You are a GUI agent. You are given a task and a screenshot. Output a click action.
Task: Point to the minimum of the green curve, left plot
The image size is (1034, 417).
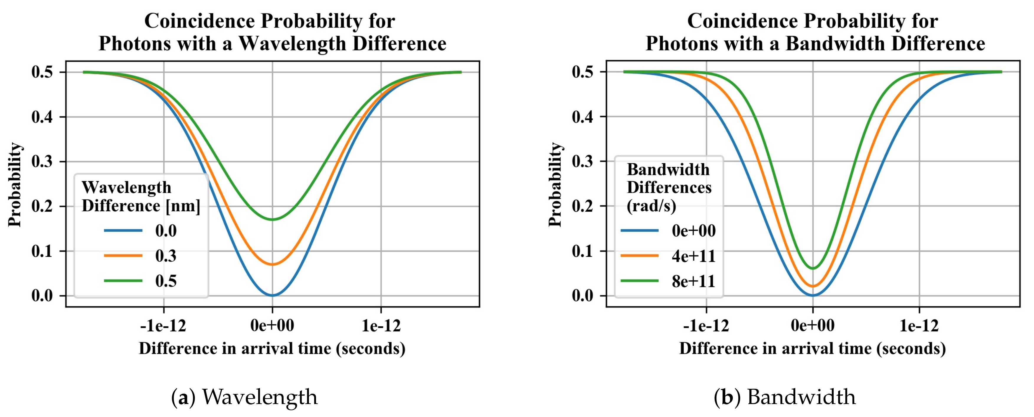pos(273,220)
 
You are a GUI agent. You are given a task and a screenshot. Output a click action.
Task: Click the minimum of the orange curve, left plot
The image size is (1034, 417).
pos(273,264)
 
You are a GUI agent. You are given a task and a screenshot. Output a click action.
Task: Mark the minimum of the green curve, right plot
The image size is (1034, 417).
pos(813,269)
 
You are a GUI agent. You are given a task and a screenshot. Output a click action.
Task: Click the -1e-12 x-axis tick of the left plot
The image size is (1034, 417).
pos(163,326)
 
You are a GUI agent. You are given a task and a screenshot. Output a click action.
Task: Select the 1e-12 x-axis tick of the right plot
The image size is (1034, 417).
pos(919,326)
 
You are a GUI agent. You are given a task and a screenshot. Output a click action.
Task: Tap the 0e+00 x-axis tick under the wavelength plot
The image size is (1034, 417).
pos(273,326)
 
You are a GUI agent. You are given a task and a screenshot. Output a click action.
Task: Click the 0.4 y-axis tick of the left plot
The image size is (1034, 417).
pos(42,117)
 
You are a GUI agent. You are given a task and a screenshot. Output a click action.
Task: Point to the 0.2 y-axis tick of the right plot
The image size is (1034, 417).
pos(583,206)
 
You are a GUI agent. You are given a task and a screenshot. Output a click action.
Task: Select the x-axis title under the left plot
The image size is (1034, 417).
pos(272,348)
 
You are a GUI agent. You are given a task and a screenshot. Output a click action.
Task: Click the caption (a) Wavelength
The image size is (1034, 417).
pos(244,397)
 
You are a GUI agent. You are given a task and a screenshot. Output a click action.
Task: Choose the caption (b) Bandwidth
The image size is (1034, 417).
pos(785,397)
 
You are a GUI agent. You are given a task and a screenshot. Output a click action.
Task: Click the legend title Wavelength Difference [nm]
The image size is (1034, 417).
pos(140,197)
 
